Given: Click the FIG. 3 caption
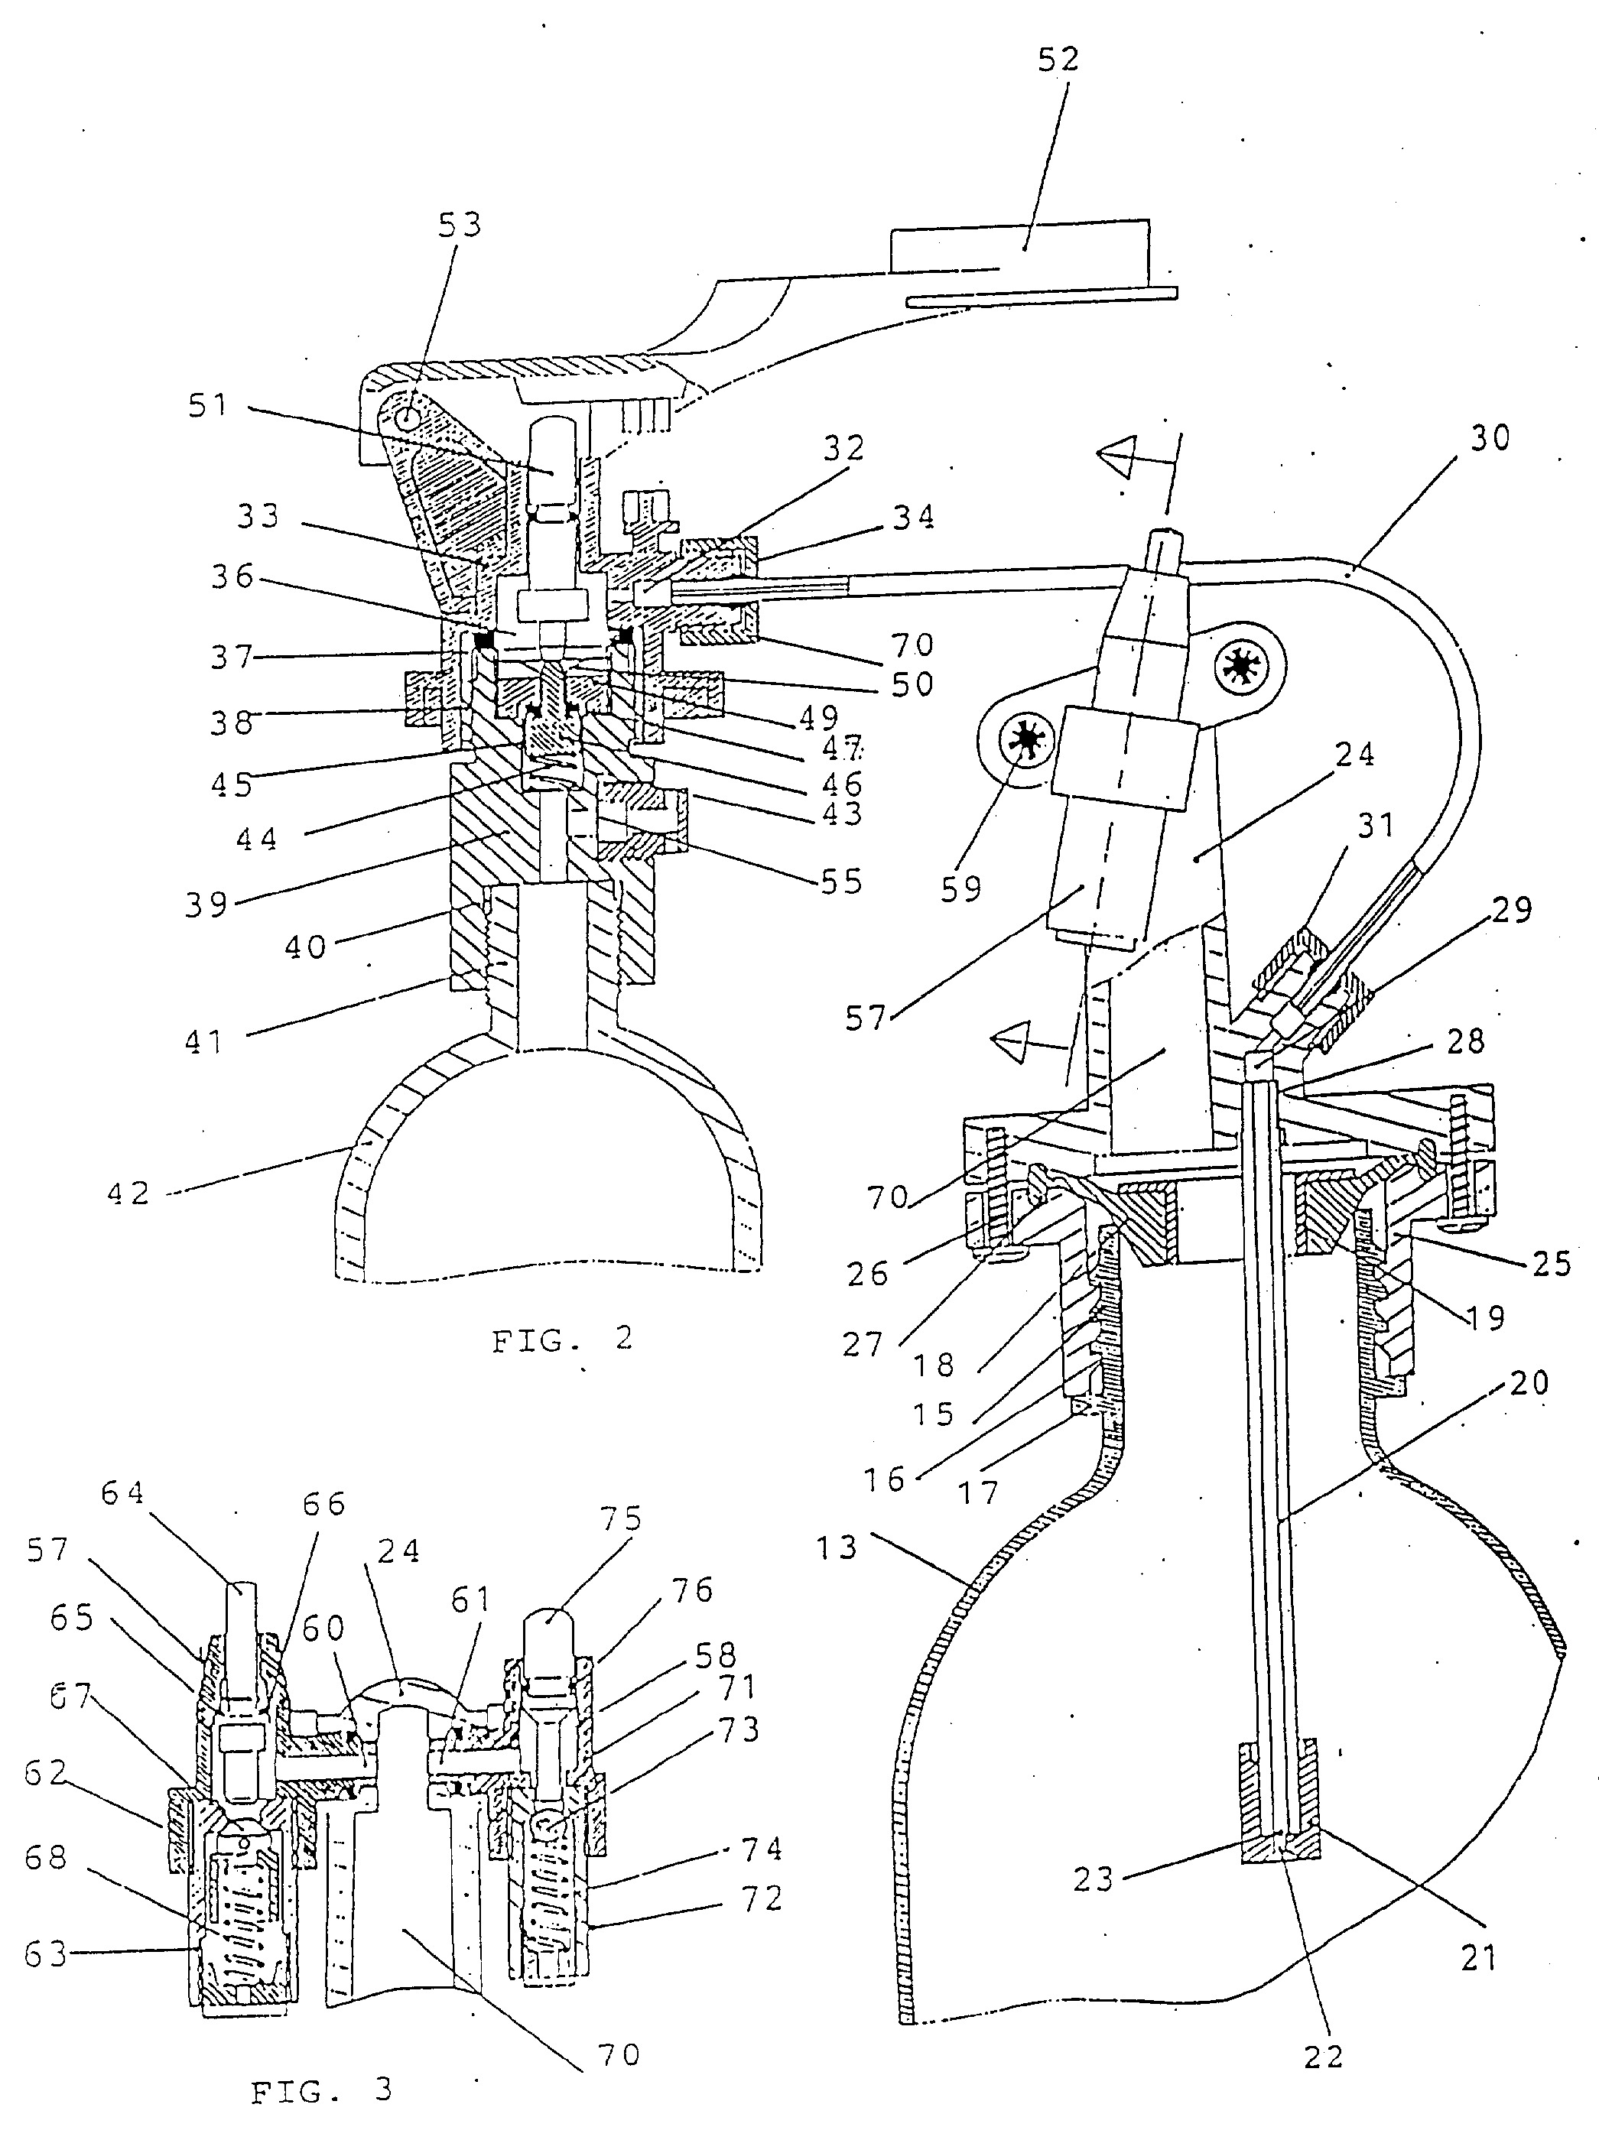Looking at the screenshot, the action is pyautogui.click(x=322, y=2091).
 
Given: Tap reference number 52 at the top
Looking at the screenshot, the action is pyautogui.click(x=1058, y=59).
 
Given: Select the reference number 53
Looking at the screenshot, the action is pyautogui.click(x=460, y=225).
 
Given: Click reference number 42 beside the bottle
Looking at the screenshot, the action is pyautogui.click(x=128, y=1193).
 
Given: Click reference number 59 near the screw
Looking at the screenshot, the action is pyautogui.click(x=961, y=888).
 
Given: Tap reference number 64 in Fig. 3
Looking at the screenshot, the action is pyautogui.click(x=123, y=1493).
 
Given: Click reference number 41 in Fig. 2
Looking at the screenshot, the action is pyautogui.click(x=204, y=1041).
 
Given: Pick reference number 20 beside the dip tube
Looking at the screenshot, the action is pyautogui.click(x=1529, y=1383).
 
